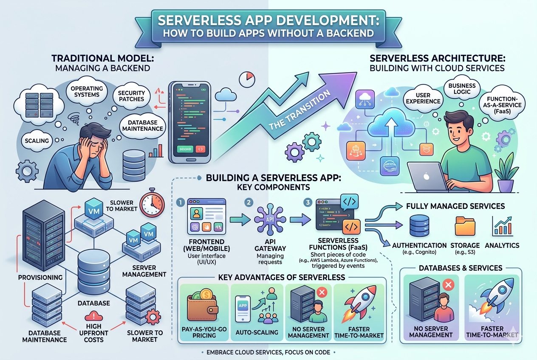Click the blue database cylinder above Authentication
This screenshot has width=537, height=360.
coord(420,225)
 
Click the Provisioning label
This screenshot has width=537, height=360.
coord(40,277)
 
